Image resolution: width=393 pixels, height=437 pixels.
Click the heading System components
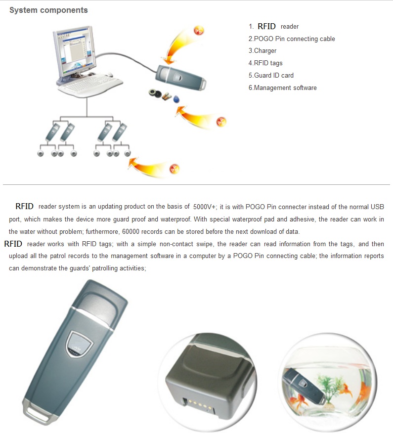[x=48, y=10]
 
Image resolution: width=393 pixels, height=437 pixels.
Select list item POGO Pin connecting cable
[x=292, y=39]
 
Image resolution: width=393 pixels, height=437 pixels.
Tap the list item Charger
[x=262, y=51]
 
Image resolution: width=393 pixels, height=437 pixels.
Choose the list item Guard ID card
[x=271, y=75]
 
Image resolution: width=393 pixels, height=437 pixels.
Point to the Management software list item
[x=283, y=88]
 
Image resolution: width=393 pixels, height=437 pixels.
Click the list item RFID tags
[x=265, y=63]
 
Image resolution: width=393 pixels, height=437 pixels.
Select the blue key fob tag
[x=176, y=99]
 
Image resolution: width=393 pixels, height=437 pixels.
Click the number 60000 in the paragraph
[x=131, y=231]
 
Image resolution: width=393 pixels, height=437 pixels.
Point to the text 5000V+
[x=204, y=207]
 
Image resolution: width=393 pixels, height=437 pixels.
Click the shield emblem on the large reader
[x=79, y=344]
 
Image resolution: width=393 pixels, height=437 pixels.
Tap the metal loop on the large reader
[x=37, y=412]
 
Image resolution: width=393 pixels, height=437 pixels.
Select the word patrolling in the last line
[x=105, y=268]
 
